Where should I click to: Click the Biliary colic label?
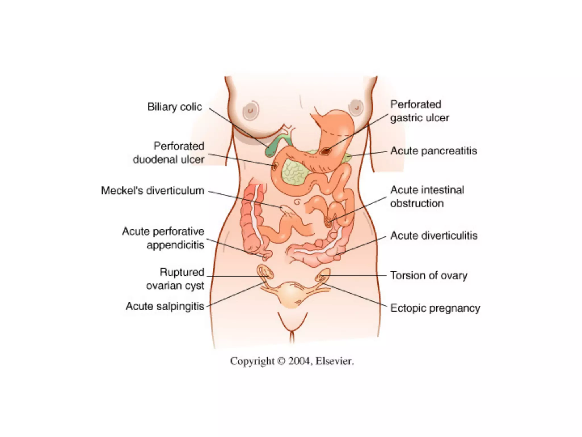174,107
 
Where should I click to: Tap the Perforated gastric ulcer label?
419,111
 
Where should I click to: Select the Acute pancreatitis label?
433,151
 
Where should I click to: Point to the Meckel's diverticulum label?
153,191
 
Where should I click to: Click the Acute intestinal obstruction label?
427,197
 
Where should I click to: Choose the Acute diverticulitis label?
434,236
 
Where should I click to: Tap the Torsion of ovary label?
429,275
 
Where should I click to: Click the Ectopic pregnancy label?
435,308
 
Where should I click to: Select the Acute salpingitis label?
165,306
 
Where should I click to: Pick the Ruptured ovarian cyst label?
175,279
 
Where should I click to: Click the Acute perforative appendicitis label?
163,238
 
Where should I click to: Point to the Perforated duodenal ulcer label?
169,153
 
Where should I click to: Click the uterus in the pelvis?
290,294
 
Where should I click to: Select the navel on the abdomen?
297,202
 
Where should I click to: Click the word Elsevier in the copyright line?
334,361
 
